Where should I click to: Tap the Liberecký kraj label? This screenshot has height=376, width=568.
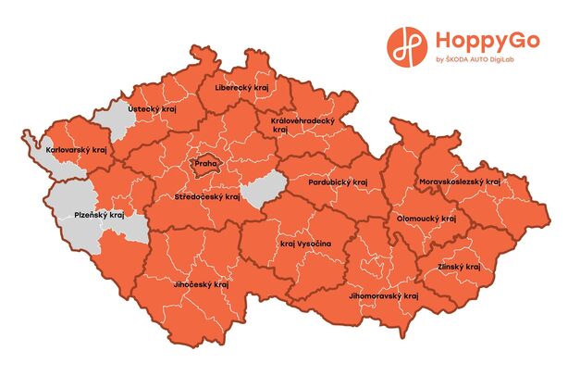tap(242, 88)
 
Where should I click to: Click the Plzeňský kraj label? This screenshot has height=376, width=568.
tap(99, 215)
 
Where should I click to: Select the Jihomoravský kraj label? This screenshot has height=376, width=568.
tap(385, 295)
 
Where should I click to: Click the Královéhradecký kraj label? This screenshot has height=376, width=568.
tap(301, 125)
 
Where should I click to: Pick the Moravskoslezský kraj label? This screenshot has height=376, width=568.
tap(459, 182)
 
